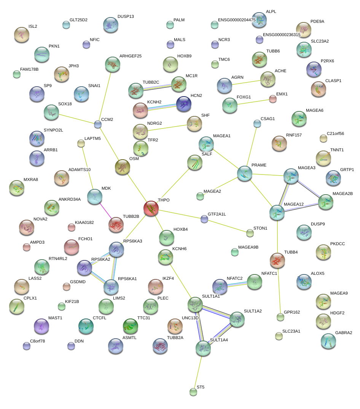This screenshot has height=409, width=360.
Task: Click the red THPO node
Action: coord(151,209)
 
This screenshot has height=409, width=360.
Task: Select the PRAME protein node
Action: coord(244,173)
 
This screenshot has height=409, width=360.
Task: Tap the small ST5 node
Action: coord(193,392)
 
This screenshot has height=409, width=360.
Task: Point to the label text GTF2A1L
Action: coord(217,214)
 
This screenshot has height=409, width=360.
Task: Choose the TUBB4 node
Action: coord(277,260)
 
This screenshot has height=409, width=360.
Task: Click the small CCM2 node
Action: coord(98,124)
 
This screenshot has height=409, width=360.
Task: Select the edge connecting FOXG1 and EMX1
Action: coord(251,101)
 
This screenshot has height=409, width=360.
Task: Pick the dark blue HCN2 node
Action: coord(184,104)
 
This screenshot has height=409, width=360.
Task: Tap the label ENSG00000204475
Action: coord(237,20)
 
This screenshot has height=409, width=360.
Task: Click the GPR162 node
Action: coord(280,317)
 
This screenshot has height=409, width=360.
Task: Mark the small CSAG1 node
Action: coord(257,124)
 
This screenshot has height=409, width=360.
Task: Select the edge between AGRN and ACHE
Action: coord(246,82)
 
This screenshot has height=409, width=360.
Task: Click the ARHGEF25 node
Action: coord(112,65)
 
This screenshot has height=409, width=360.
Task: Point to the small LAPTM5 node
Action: coord(81,143)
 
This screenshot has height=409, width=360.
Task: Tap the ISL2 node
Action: coord(21,35)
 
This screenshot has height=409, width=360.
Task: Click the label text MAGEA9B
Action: coord(248,247)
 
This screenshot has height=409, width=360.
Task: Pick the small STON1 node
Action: coord(250,233)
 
